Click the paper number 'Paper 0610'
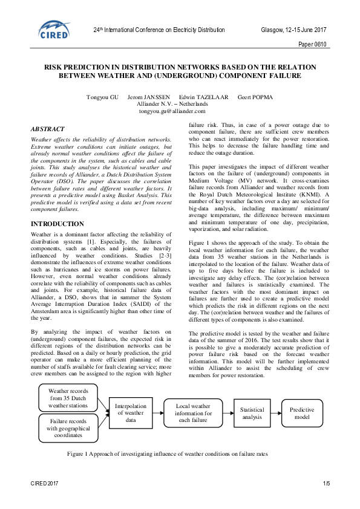[x=312, y=44]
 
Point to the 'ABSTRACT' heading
[x=48, y=129]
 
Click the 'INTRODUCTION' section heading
[x=57, y=223]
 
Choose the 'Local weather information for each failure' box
[x=194, y=413]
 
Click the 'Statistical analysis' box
[x=252, y=413]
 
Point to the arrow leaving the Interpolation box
[x=159, y=413]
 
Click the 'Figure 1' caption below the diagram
[x=166, y=453]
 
